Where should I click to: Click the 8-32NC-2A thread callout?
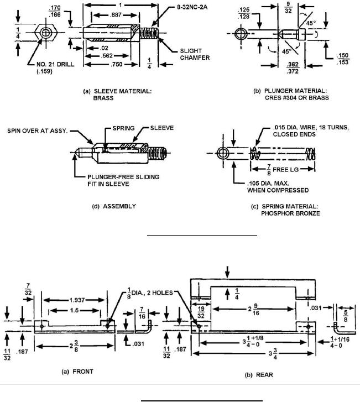pos(192,7)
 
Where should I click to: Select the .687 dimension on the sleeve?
pos(116,15)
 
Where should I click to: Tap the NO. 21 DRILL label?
pos(55,64)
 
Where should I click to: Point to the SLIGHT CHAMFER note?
pos(195,54)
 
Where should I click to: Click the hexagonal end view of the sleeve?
pos(46,33)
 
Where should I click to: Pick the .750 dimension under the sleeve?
pos(117,65)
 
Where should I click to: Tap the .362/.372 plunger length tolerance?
pos(293,67)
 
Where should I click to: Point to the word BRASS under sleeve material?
pos(103,98)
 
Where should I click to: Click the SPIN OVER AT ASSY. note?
pos(38,130)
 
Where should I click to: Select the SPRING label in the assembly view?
pos(123,128)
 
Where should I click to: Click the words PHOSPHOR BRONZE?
pos(290,213)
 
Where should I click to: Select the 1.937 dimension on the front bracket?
pos(77,300)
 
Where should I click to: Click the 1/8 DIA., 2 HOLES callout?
pos(150,293)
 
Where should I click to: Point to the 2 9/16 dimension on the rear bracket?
pos(253,309)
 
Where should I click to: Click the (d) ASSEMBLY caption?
pos(114,206)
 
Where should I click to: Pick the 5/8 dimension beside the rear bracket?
pos(346,316)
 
